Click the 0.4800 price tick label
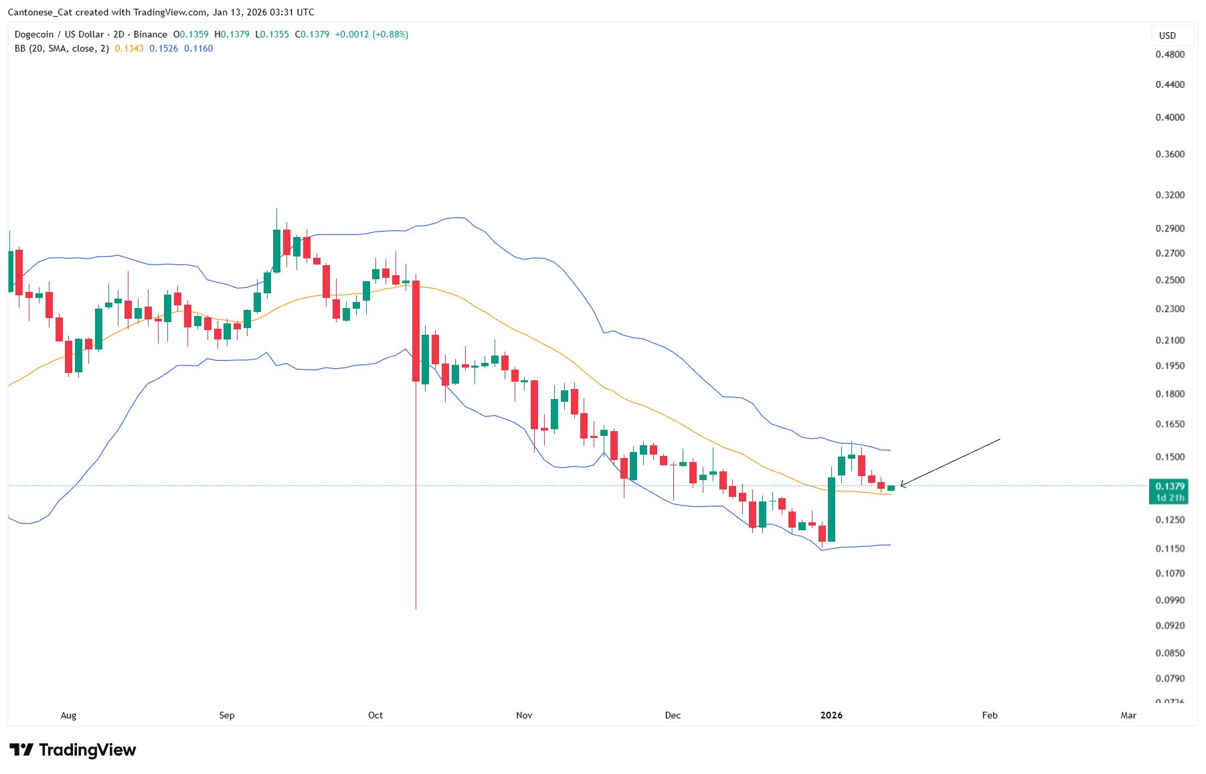pos(1170,54)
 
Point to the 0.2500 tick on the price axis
pos(1170,280)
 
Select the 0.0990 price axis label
pos(1170,600)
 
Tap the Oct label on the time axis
pos(375,715)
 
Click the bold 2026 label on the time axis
pos(831,715)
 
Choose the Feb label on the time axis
pos(989,715)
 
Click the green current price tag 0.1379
pos(1169,486)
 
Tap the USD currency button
pos(1167,35)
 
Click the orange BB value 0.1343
pos(129,48)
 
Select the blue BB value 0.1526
pos(163,48)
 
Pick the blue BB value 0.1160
pos(198,48)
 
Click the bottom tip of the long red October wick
pos(416,608)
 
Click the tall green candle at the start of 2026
pos(831,509)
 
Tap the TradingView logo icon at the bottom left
pos(21,750)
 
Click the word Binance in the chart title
pos(150,34)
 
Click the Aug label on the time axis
pos(68,715)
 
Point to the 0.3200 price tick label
pos(1170,195)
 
